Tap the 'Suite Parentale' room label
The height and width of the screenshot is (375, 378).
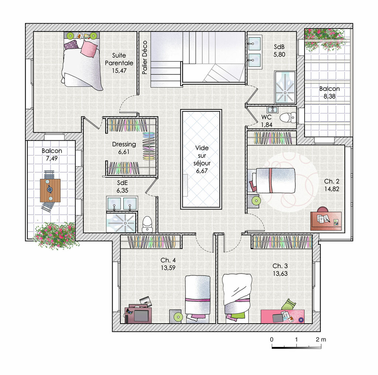119,59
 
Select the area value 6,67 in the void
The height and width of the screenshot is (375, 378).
202,171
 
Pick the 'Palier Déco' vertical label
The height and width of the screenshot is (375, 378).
145,57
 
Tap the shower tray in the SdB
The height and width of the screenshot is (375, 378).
285,87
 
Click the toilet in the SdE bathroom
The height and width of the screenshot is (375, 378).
147,224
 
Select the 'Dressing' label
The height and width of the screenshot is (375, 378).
124,144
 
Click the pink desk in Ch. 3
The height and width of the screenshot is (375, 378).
282,317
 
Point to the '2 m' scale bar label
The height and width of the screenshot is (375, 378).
321,340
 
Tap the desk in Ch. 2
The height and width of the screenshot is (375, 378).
326,221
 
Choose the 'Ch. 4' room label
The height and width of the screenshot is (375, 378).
168,260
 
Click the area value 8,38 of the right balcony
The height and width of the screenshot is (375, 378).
329,96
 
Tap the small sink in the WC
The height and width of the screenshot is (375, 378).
272,110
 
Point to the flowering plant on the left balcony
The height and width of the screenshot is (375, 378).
56,235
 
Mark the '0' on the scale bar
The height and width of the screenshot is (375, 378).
272,340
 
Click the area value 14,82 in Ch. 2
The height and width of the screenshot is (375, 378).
331,189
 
